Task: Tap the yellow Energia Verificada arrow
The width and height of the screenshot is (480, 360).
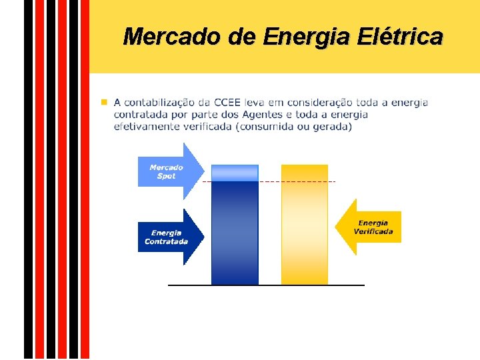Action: pos(369,227)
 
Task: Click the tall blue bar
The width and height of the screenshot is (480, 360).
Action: pos(235,233)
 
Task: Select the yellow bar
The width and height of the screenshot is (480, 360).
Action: pos(305,227)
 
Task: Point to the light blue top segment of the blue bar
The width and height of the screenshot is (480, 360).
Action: pos(235,172)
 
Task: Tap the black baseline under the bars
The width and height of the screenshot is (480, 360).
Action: pos(267,285)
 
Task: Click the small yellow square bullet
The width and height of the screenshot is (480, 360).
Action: pos(103,103)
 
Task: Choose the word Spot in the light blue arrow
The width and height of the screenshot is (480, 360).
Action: pos(167,176)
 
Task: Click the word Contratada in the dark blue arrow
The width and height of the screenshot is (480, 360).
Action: pos(167,241)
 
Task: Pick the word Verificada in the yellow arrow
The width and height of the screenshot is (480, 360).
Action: pos(373,232)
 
